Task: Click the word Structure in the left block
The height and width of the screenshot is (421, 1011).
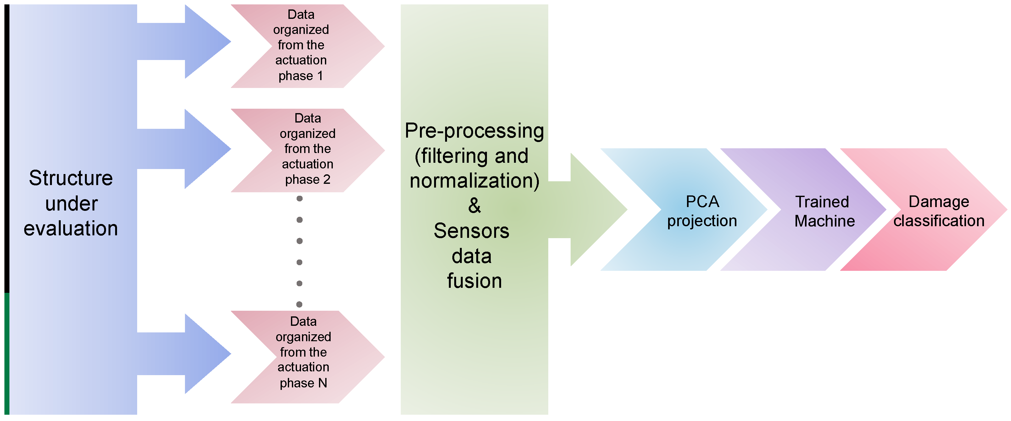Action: (x=71, y=178)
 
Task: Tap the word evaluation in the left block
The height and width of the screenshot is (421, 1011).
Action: (x=71, y=228)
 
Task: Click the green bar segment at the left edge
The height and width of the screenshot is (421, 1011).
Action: (x=7, y=353)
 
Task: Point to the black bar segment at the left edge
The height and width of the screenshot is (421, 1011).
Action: (x=7, y=149)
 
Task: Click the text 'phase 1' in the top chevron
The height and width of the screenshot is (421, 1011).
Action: (x=301, y=76)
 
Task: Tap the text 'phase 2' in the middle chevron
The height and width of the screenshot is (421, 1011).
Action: (x=307, y=179)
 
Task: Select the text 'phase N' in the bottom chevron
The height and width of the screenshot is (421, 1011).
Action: (x=303, y=383)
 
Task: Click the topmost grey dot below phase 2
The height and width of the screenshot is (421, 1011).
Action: (x=299, y=198)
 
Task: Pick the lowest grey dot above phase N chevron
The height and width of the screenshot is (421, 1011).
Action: (x=299, y=304)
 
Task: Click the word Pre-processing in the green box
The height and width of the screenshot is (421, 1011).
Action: (x=474, y=131)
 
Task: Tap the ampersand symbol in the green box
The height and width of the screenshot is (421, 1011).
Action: (x=474, y=205)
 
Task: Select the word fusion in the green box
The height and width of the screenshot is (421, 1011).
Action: (x=474, y=281)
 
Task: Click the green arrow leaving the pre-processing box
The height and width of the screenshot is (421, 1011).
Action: (x=589, y=210)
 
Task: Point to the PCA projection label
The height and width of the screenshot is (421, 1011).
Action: (x=702, y=211)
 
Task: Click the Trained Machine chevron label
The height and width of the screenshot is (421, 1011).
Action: (x=824, y=212)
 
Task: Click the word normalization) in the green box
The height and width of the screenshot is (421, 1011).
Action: (x=474, y=181)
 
